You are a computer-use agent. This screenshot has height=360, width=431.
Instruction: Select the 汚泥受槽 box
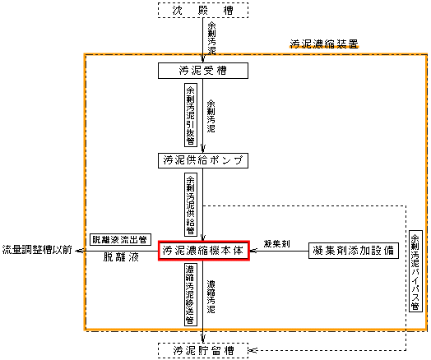[203, 71]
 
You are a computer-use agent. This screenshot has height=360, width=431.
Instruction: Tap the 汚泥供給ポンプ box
[203, 160]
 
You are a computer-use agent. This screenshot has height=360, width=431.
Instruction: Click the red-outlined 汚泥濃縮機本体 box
[204, 251]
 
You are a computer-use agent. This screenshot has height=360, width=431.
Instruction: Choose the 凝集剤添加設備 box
[354, 251]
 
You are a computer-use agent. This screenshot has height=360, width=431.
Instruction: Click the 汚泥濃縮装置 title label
[324, 44]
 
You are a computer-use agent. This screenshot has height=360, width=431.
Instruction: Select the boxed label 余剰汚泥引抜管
[191, 115]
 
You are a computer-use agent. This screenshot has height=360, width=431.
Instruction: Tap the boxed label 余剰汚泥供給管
[191, 205]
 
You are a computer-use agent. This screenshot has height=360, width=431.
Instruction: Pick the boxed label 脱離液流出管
[120, 240]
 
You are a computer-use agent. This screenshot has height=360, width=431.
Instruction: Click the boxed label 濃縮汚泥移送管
[191, 294]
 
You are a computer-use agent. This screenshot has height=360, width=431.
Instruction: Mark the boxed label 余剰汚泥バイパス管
[415, 271]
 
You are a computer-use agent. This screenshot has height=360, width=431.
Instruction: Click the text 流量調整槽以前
[37, 250]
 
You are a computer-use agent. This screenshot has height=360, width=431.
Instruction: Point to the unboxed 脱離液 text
[121, 257]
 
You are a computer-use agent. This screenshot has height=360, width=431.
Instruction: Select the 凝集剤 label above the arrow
[276, 243]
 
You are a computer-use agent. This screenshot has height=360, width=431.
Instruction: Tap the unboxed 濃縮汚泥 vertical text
[211, 297]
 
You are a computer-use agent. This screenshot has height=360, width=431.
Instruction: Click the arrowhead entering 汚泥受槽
[203, 59]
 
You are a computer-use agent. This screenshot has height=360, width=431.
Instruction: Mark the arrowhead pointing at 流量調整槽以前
[79, 251]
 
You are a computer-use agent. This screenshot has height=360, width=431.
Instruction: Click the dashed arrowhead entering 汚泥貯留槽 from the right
[253, 350]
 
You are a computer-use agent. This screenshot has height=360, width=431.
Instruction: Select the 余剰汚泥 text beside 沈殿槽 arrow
[211, 38]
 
